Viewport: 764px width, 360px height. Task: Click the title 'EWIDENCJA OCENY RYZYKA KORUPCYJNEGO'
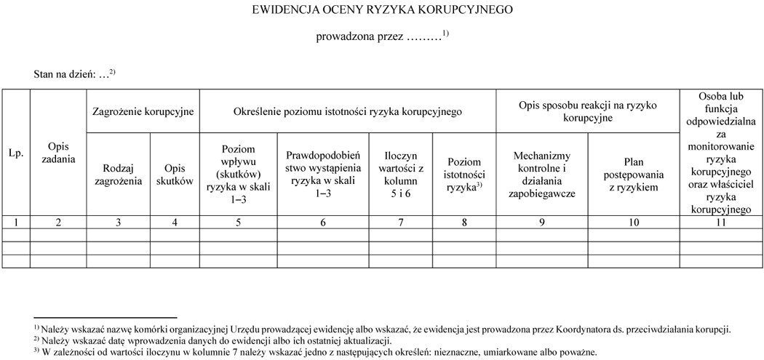[382, 10]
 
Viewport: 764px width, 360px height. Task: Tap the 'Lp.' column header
[16, 153]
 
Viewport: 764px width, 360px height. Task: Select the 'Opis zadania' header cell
[58, 153]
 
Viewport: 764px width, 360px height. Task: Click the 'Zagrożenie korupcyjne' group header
[143, 111]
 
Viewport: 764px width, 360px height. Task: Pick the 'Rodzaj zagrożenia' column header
[118, 175]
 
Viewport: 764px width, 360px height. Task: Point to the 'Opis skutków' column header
[175, 175]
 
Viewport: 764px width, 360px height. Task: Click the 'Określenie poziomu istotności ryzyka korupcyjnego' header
[348, 111]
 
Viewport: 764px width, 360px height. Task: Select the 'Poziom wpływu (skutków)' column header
[238, 175]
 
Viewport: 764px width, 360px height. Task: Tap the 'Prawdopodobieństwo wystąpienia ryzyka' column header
[323, 175]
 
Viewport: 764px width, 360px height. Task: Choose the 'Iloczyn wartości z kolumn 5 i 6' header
[400, 175]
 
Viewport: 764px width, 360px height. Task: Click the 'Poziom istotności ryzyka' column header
[464, 175]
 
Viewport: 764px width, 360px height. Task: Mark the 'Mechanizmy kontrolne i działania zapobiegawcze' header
[542, 175]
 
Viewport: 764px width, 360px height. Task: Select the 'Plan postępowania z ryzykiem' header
[633, 175]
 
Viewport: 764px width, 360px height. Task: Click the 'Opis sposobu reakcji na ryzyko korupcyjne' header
[587, 111]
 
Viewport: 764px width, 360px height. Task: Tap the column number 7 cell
[400, 223]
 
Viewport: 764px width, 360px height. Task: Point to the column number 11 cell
[720, 223]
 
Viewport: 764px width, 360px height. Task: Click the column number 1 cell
[16, 223]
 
